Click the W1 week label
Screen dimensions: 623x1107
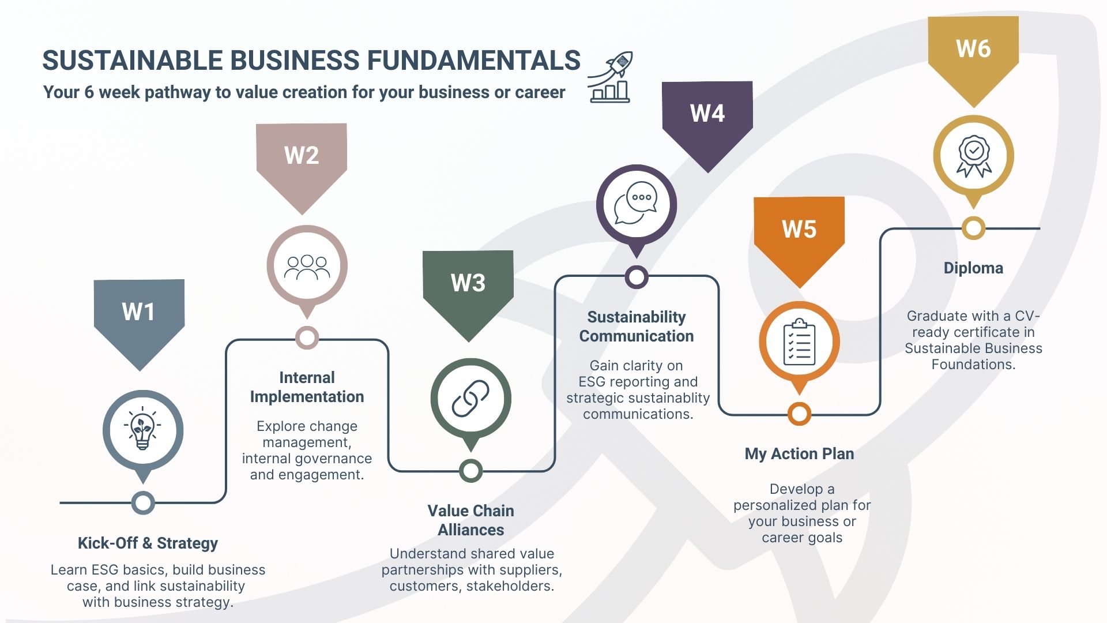click(x=139, y=312)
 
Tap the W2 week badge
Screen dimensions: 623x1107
click(x=302, y=156)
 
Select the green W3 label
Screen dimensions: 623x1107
click(x=468, y=283)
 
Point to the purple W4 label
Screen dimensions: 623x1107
click(x=707, y=114)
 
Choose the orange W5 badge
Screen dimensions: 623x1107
click(x=799, y=230)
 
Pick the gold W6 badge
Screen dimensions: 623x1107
click(x=973, y=49)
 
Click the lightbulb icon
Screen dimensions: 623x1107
click(x=142, y=430)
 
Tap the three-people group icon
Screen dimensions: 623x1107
click(x=307, y=266)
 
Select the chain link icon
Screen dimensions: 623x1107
click(x=470, y=399)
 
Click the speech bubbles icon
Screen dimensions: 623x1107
click(x=636, y=204)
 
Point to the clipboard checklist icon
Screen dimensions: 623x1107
click(x=799, y=342)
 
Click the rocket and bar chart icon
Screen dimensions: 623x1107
click(x=611, y=77)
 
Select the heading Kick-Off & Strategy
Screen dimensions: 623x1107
click(x=148, y=543)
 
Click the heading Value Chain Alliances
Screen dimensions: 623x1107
click(x=470, y=520)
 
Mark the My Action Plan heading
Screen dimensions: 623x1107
click(x=799, y=454)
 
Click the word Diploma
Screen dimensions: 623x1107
click(x=973, y=268)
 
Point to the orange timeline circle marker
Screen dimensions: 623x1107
click(x=799, y=414)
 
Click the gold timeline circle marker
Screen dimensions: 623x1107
click(x=974, y=228)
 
